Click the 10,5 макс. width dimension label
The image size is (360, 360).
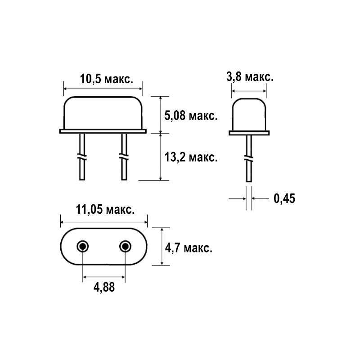(x=107, y=80)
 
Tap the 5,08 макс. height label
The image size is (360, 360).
(x=191, y=116)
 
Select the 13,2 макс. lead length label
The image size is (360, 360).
(x=191, y=157)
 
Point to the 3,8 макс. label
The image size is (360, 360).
(x=250, y=76)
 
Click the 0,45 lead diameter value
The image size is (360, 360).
(x=284, y=198)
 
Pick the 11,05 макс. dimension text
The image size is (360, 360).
(x=105, y=210)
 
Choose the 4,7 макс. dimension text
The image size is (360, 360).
(x=189, y=248)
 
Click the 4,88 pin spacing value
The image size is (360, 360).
(x=104, y=287)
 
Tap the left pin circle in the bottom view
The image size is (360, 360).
(x=83, y=247)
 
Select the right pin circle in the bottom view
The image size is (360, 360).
(x=125, y=247)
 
